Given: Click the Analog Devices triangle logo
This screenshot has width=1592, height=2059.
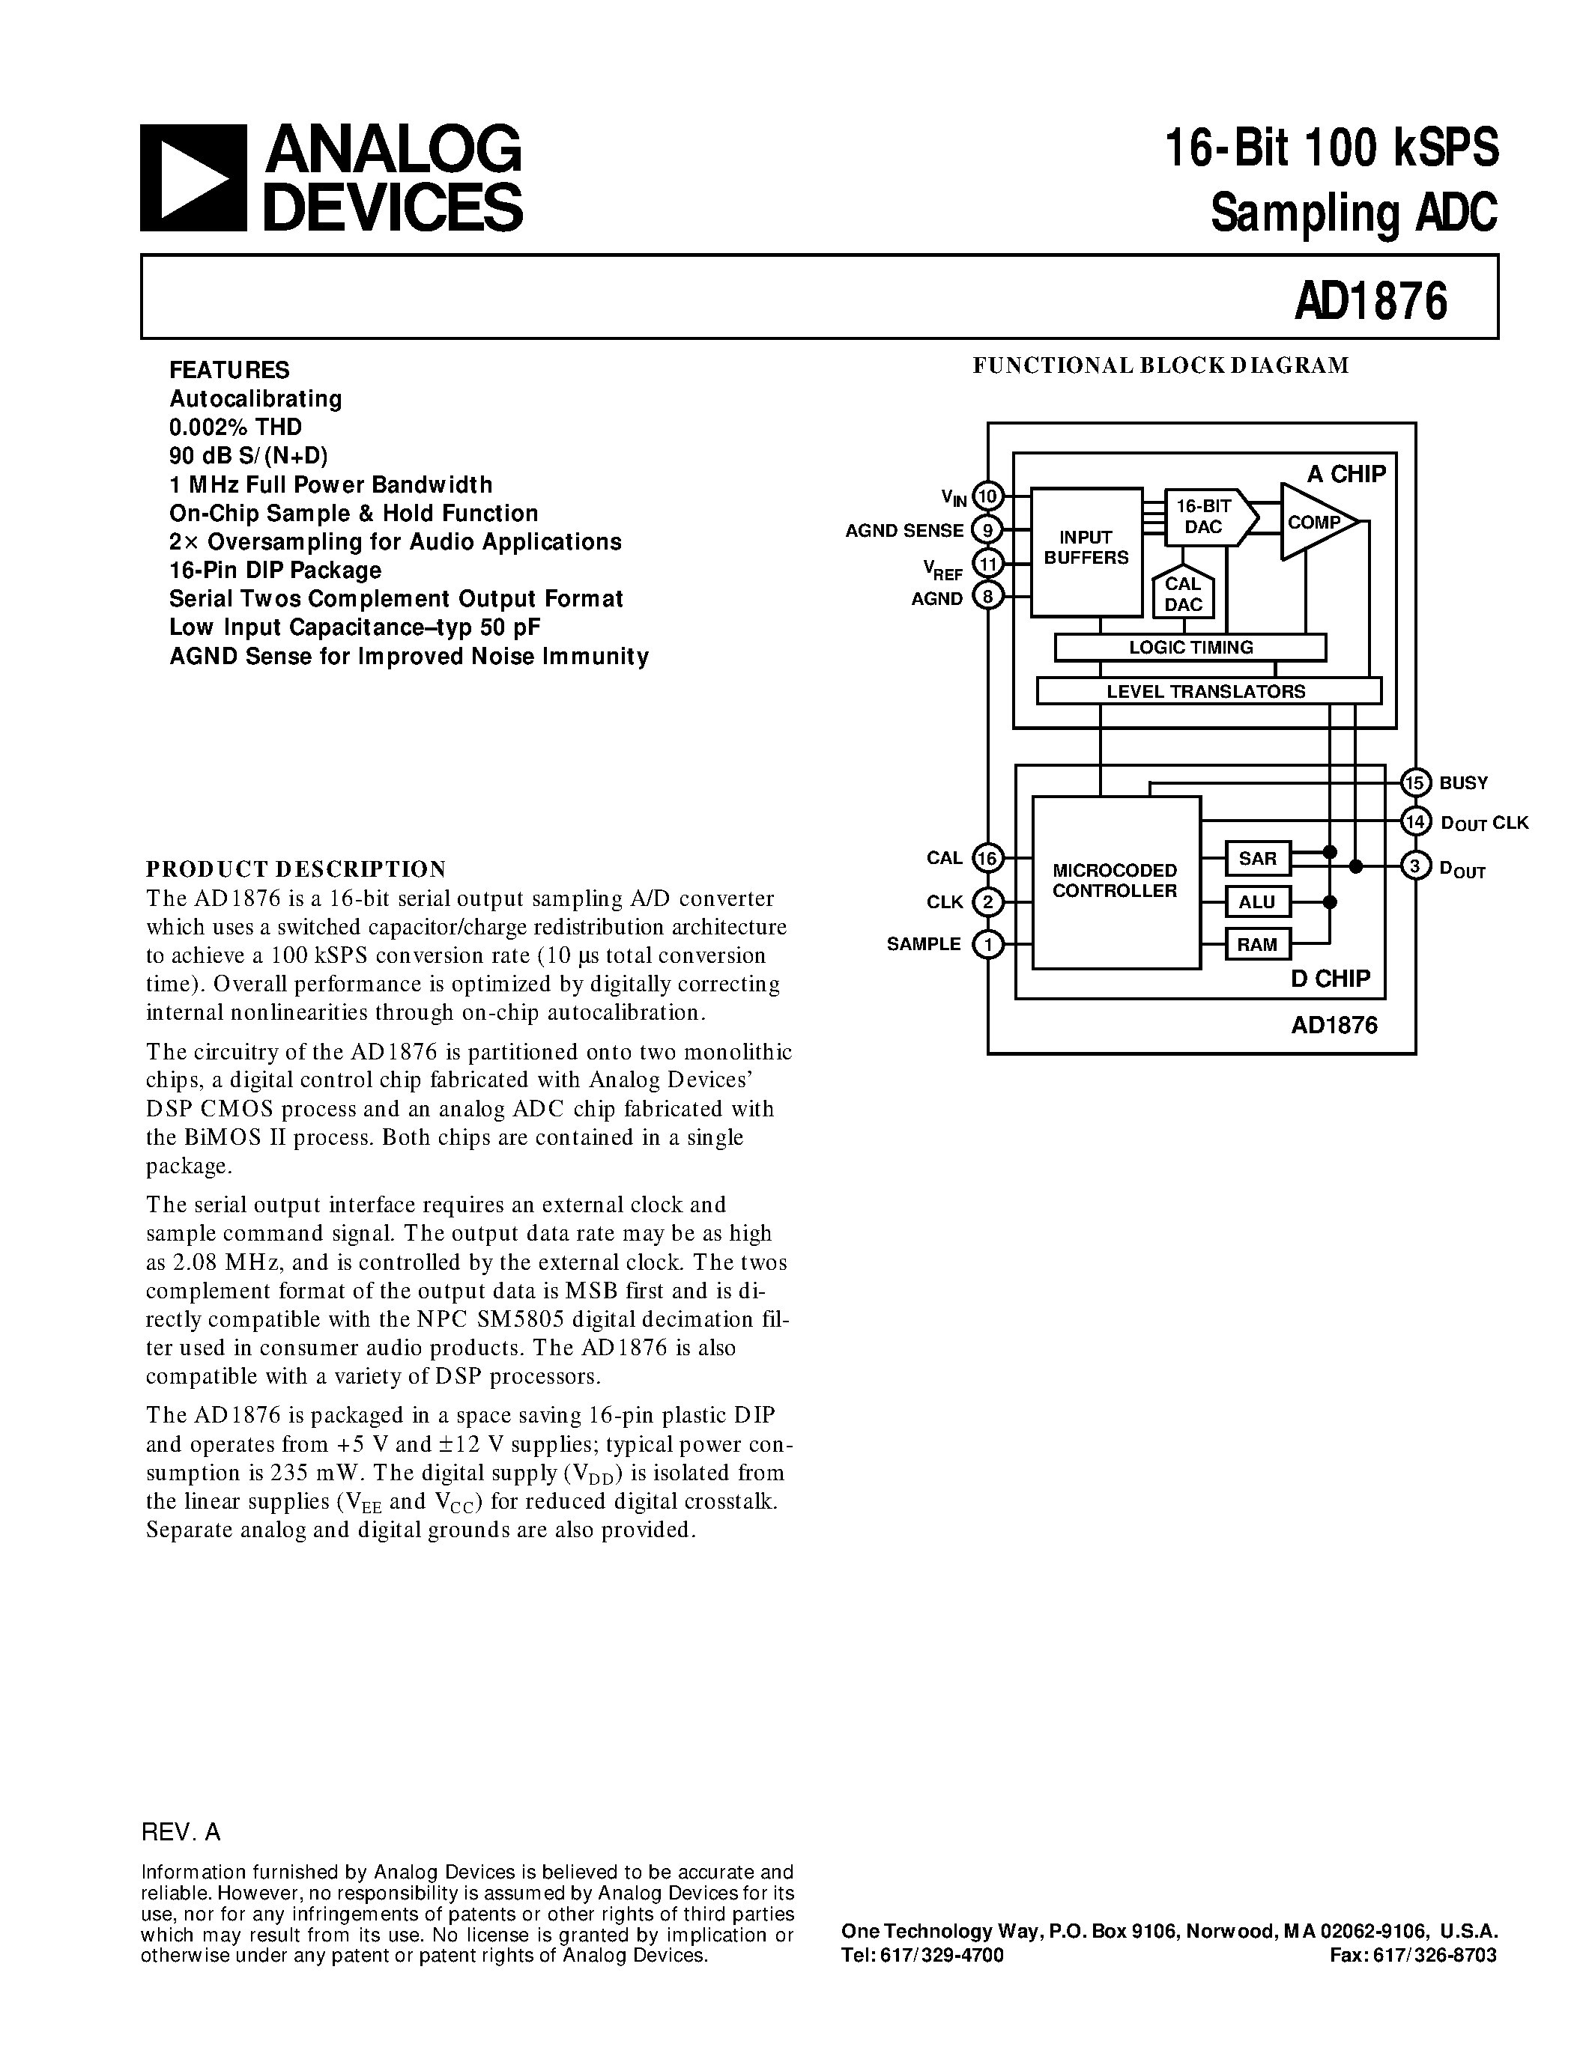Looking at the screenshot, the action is click(193, 178).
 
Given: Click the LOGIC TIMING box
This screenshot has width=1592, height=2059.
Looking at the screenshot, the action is click(1190, 648).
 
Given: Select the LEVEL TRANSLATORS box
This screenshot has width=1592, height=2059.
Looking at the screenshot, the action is click(1208, 691).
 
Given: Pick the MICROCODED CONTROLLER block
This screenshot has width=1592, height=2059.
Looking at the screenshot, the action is click(1116, 881).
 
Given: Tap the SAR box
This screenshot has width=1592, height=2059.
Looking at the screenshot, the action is click(1257, 859).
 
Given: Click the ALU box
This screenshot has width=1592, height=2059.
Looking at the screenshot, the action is click(1257, 902).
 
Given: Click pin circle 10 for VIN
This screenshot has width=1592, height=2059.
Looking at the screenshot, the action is click(987, 495).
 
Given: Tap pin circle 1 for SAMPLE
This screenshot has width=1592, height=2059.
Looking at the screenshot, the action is click(987, 943).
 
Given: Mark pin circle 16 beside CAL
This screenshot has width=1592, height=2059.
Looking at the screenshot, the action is click(987, 858).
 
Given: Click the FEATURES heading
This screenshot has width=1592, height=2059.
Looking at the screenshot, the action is click(229, 370).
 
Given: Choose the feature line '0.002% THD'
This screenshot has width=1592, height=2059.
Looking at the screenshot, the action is click(236, 427).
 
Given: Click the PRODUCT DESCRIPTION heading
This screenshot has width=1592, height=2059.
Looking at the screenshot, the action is click(295, 869).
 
